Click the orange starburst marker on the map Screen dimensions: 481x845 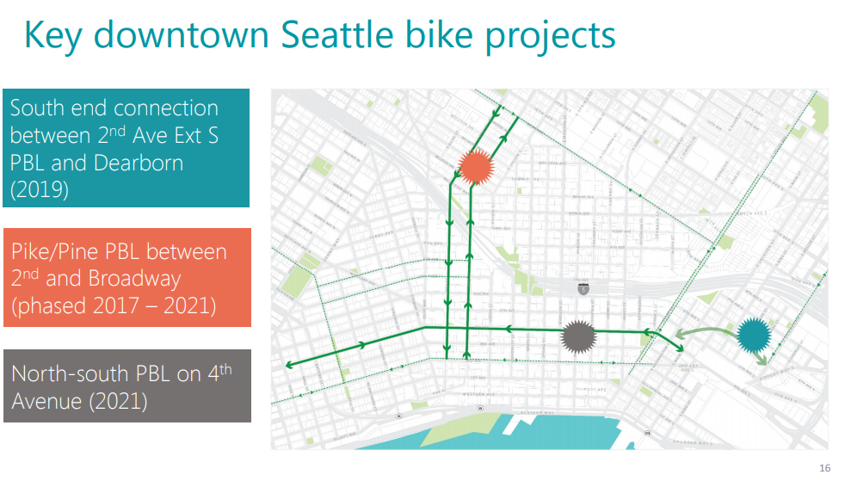point(474,166)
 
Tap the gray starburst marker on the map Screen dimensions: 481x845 point(577,336)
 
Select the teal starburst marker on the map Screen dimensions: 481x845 point(753,334)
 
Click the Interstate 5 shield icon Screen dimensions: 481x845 point(583,290)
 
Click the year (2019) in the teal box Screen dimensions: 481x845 point(40,190)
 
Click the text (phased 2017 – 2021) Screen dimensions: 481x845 point(114,305)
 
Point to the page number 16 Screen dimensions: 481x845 point(825,468)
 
